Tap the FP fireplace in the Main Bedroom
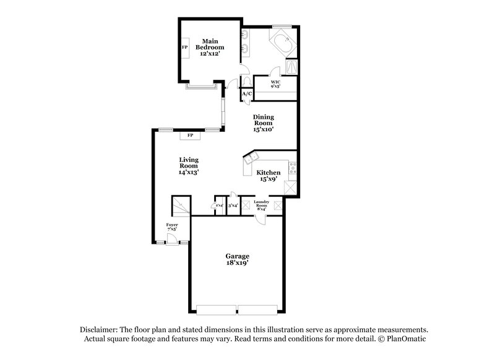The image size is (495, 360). click(x=184, y=48)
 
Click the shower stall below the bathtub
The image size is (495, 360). click(x=292, y=69)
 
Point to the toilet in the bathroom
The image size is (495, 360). click(x=247, y=82)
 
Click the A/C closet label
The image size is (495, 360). click(x=246, y=94)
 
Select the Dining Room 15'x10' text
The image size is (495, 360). click(x=263, y=122)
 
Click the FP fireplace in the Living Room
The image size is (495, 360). click(x=190, y=135)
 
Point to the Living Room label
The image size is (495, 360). click(x=189, y=165)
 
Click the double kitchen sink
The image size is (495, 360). click(x=252, y=158)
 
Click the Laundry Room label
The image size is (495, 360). click(x=260, y=205)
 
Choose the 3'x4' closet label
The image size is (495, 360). click(x=233, y=205)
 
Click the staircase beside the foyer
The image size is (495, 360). click(x=179, y=205)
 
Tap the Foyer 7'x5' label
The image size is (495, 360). click(x=172, y=227)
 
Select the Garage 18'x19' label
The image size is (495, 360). click(x=236, y=259)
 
